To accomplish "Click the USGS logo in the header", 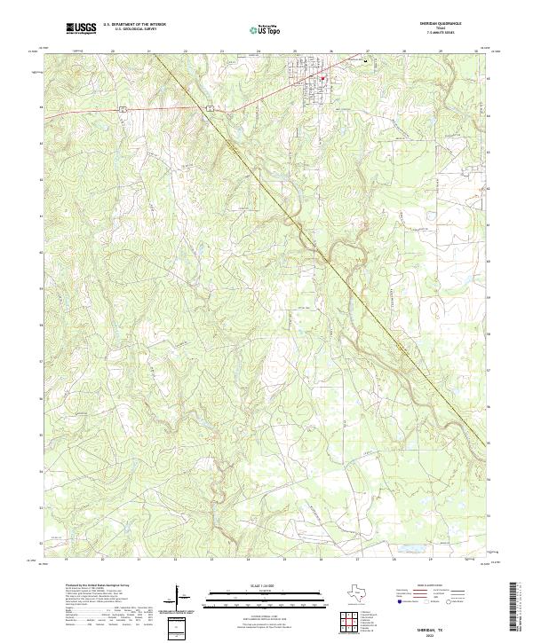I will coord(81,28).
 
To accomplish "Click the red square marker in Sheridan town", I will coord(324,77).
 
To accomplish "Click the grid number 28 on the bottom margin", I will coord(394,560).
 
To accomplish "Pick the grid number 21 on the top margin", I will coord(149,52).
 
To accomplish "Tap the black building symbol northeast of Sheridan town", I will coord(363,61).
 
